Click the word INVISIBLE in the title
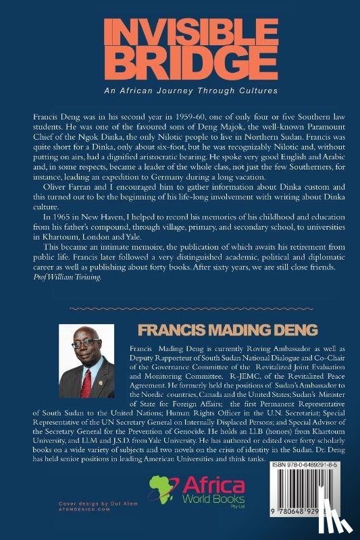[x=179, y=32]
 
